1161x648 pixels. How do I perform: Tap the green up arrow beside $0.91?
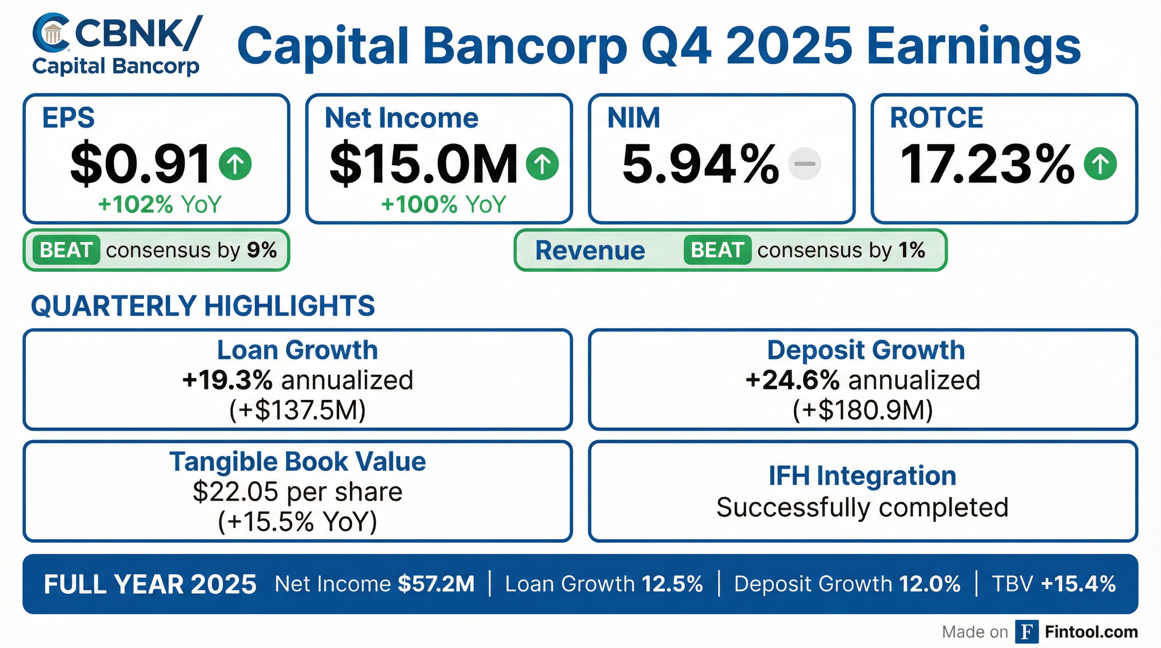point(235,164)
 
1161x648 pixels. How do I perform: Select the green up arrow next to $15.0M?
point(542,164)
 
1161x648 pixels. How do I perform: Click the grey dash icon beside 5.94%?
point(804,164)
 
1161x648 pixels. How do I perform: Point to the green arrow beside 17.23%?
point(1100,164)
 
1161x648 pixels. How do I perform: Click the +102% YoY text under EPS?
point(159,204)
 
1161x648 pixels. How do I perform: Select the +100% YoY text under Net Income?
point(443,204)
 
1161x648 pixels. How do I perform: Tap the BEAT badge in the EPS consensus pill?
point(66,250)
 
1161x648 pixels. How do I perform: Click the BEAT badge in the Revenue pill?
point(717,250)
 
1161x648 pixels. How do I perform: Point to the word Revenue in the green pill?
point(590,251)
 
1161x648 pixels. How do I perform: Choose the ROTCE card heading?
point(937,118)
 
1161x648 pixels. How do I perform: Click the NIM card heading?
point(633,118)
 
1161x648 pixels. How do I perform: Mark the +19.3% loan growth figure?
point(227,380)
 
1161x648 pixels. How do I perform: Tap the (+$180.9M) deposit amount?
point(863,410)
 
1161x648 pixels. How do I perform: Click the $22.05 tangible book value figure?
point(235,491)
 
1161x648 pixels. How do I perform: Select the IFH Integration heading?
point(862,475)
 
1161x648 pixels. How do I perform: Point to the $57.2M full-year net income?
point(436,584)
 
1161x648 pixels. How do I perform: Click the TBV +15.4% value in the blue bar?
point(1078,584)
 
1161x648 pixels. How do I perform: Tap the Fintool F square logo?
point(1027,632)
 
